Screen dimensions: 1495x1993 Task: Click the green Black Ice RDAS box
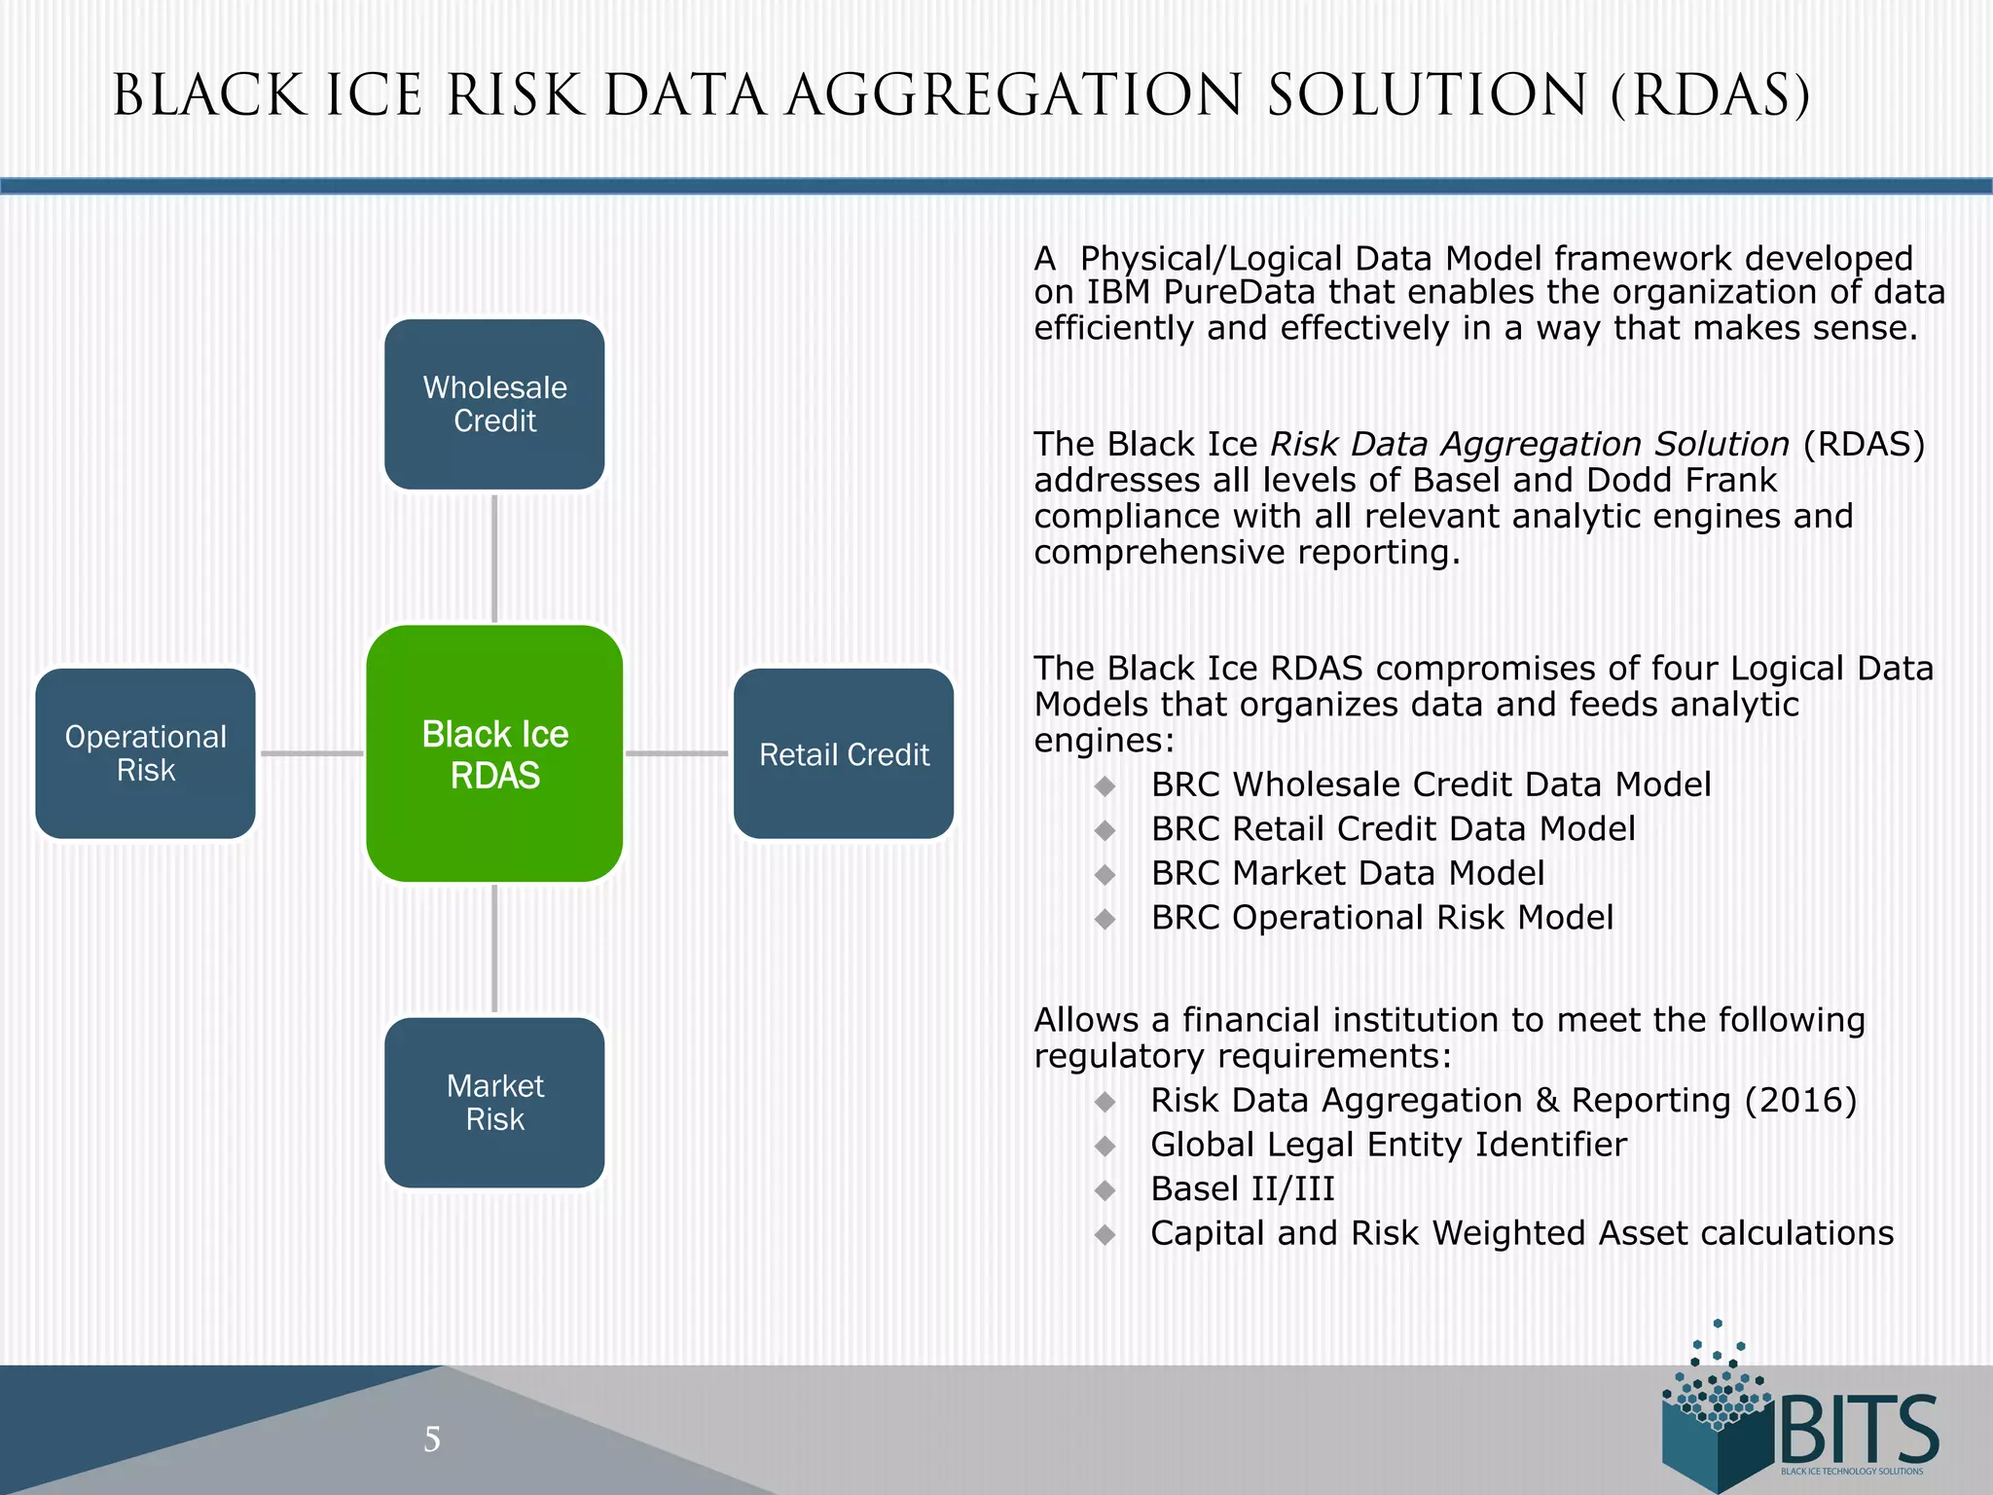point(494,753)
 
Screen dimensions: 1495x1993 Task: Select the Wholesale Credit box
point(494,404)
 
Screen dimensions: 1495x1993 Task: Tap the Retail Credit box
point(844,753)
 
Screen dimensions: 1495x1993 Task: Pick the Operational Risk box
point(146,753)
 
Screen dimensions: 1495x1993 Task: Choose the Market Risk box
point(494,1103)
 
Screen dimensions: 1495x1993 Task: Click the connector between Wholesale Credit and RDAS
point(494,559)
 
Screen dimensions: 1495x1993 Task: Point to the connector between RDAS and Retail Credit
point(677,753)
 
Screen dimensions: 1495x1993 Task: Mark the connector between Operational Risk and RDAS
point(311,753)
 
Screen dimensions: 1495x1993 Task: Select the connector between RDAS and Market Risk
point(494,949)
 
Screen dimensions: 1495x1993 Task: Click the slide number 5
point(432,1439)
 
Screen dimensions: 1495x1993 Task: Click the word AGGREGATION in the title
point(1013,96)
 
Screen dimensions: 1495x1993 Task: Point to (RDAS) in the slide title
point(1710,96)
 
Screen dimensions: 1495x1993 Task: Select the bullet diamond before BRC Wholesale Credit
point(1105,785)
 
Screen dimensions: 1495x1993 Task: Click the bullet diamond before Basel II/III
point(1105,1189)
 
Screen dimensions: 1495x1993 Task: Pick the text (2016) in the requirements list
point(1800,1100)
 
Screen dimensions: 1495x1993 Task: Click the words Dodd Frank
point(1682,480)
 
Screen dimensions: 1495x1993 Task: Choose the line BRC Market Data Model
point(1347,873)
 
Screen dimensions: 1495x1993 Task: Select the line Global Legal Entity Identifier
point(1388,1145)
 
